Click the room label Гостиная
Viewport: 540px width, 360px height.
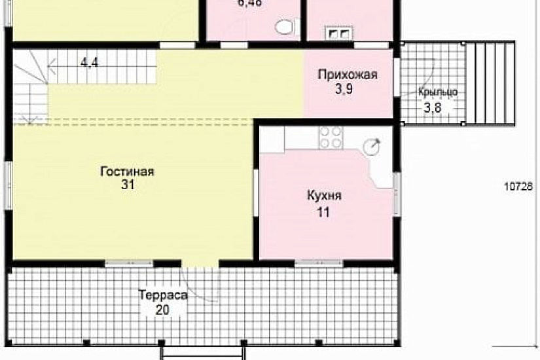[127, 171]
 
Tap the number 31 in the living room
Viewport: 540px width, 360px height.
[127, 186]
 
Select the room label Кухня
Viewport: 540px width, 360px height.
[324, 196]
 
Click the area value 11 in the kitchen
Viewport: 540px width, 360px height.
[323, 212]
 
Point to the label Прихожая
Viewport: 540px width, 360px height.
[348, 75]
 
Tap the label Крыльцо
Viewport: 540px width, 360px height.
[437, 92]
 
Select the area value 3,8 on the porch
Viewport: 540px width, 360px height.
[432, 108]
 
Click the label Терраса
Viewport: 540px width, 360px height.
[163, 295]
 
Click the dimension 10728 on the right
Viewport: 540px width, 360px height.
[517, 187]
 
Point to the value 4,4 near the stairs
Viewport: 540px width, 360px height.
[90, 63]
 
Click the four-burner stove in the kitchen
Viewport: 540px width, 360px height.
[331, 137]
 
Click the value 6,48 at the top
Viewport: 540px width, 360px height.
[249, 3]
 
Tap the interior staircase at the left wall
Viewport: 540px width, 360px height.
[29, 88]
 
